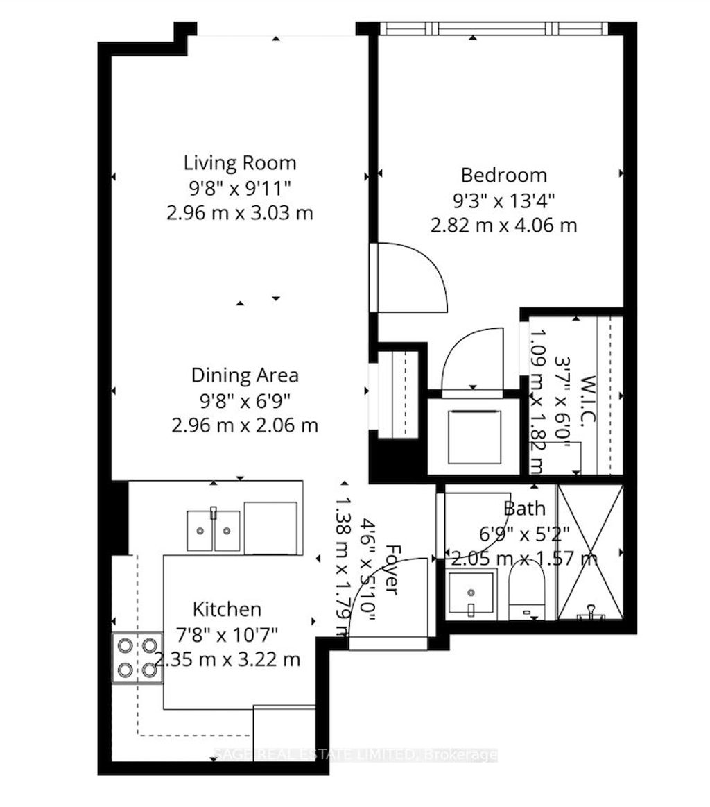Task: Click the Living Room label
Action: [x=239, y=163]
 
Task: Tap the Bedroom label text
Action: [x=503, y=175]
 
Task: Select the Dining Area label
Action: [x=245, y=375]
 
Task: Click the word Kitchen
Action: [x=227, y=610]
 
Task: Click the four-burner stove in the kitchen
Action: [x=137, y=658]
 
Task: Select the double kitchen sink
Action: [x=213, y=531]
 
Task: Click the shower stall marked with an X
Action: [x=591, y=552]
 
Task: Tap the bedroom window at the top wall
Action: [x=494, y=28]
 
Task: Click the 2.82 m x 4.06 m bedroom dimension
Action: [x=503, y=226]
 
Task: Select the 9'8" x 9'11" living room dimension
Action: [x=239, y=187]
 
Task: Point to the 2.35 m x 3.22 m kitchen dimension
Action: [x=227, y=659]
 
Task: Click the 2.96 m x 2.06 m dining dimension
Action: [x=245, y=424]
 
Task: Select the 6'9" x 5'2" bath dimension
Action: [x=525, y=533]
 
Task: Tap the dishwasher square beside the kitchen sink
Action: [x=270, y=529]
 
